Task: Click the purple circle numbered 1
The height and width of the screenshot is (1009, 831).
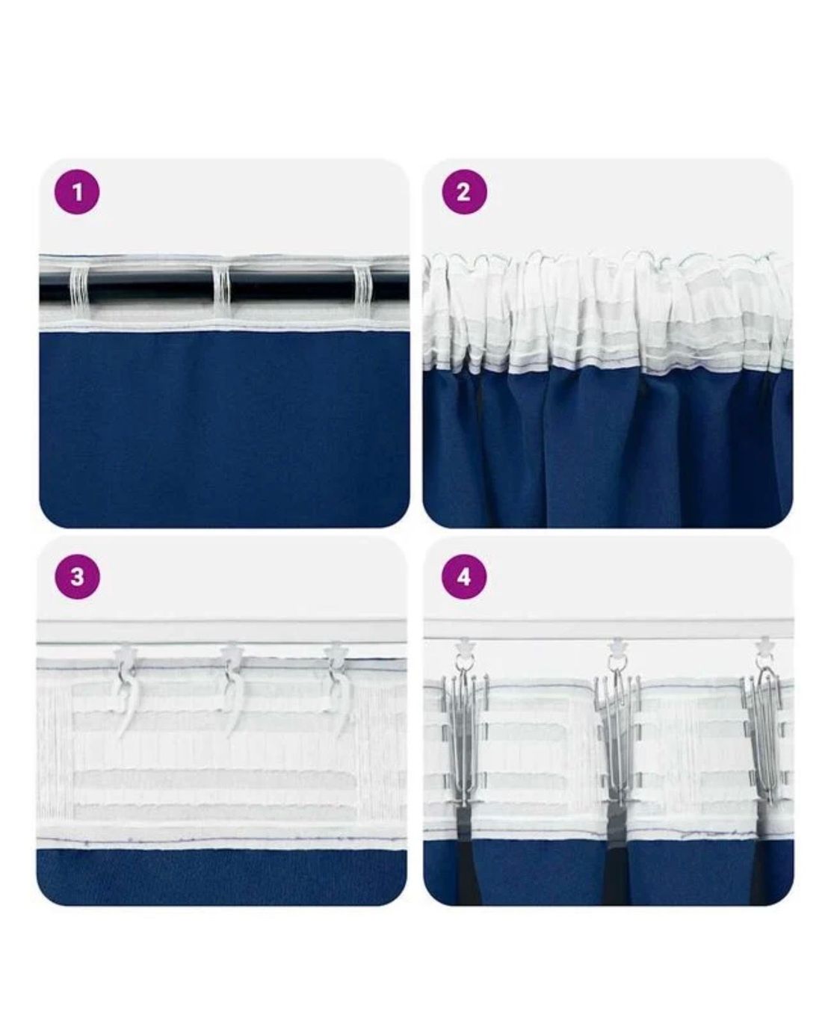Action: (77, 193)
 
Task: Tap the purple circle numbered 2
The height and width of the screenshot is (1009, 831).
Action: (463, 193)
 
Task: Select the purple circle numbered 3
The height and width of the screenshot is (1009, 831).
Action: (77, 577)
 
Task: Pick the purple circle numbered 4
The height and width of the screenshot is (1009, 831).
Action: (463, 577)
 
